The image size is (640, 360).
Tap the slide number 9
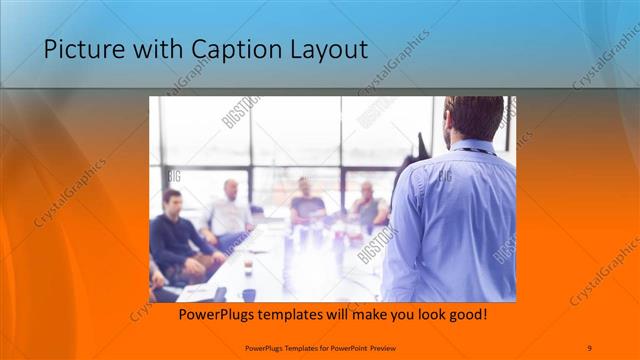point(588,347)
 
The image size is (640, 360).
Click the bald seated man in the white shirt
point(230,210)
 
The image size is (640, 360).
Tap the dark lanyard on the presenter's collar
point(478,152)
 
